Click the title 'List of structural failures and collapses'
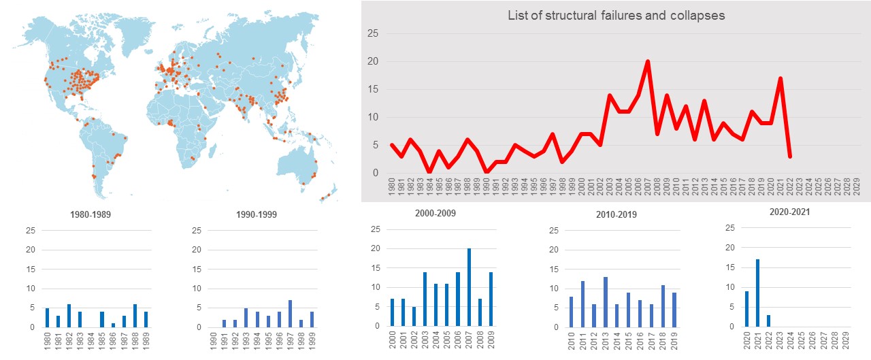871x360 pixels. [617, 15]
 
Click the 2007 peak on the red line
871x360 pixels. [648, 61]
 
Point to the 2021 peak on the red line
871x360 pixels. [780, 78]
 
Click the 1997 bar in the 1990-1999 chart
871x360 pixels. [290, 314]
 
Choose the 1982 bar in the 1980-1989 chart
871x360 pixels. [69, 316]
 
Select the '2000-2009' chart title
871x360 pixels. [435, 213]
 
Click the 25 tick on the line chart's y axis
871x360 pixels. [373, 33]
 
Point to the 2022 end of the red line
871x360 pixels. [790, 157]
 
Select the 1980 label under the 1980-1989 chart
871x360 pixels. [47, 341]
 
